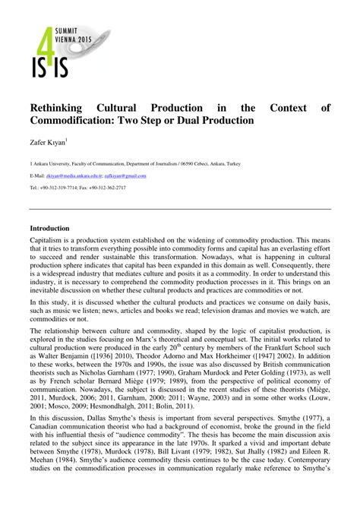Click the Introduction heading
coord(49,228)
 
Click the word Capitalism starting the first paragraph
coord(47,239)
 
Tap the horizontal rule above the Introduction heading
coord(180,209)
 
